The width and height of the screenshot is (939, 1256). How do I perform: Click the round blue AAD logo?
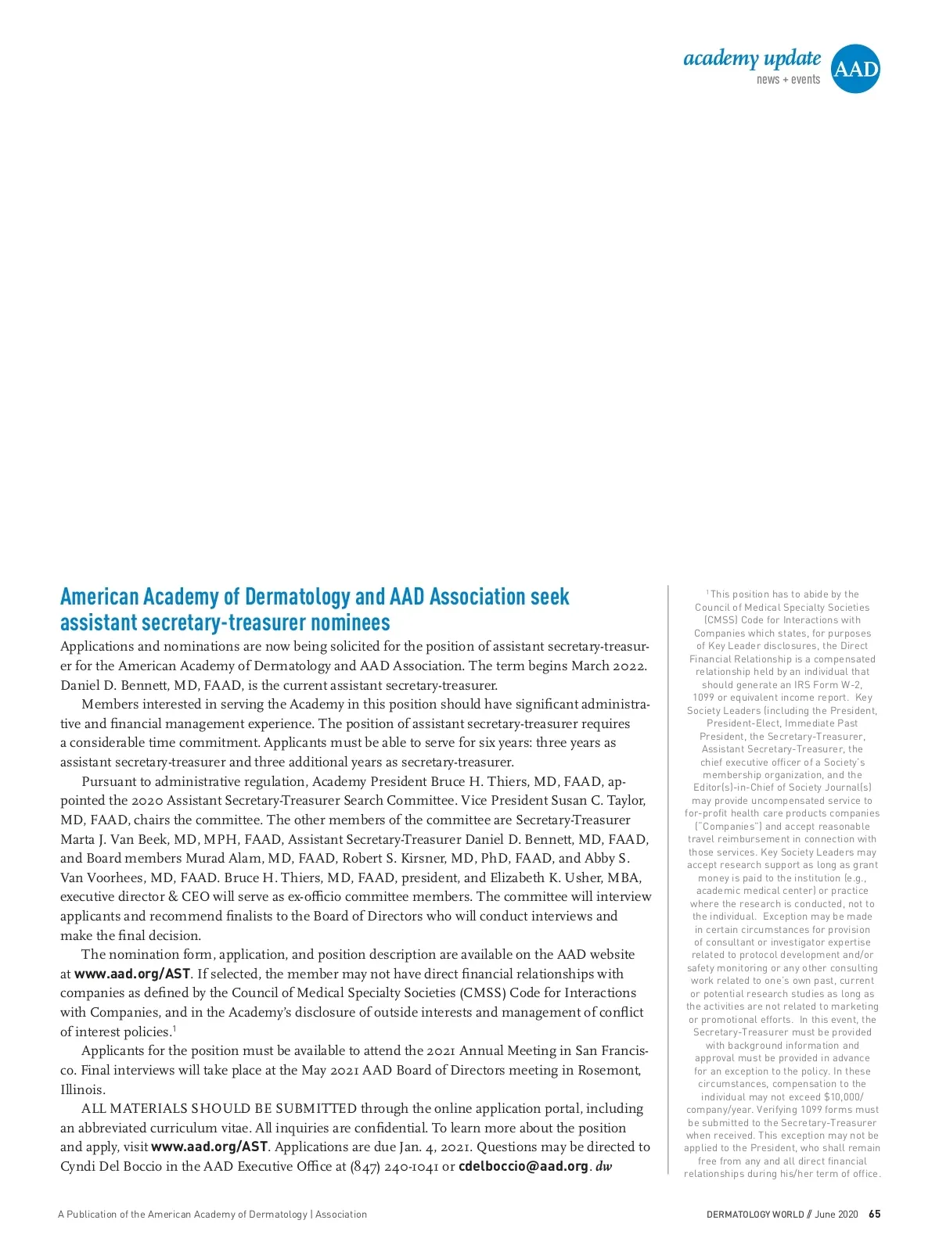click(854, 69)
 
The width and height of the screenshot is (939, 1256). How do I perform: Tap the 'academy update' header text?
click(752, 59)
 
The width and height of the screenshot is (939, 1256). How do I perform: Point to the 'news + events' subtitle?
click(788, 80)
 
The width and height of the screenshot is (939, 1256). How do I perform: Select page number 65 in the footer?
click(875, 1215)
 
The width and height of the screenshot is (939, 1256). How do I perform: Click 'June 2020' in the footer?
click(836, 1215)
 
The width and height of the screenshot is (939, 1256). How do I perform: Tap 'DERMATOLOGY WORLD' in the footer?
click(755, 1215)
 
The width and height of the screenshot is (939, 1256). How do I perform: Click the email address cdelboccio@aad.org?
click(523, 1166)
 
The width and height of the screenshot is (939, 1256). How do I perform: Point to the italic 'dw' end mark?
click(603, 1166)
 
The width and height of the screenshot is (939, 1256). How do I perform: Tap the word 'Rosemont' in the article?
click(610, 1070)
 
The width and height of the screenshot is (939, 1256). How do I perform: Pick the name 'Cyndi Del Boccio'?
click(117, 1166)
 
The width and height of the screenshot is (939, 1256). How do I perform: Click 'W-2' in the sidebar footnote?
click(849, 684)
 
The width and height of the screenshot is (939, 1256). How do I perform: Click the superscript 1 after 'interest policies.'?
click(174, 1029)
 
